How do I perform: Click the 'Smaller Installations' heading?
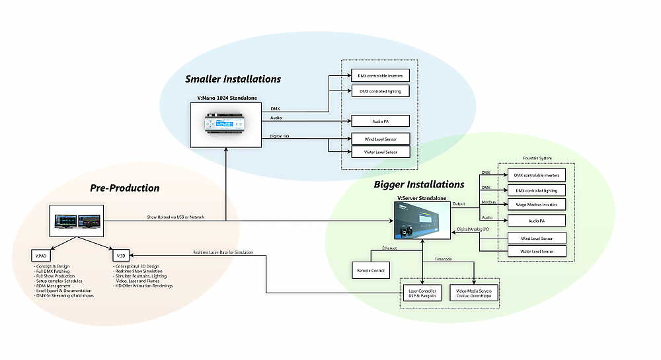click(x=233, y=79)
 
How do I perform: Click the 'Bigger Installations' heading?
click(x=419, y=184)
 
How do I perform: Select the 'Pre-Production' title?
click(x=124, y=188)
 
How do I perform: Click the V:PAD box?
click(x=41, y=255)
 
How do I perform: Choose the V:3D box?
click(x=121, y=255)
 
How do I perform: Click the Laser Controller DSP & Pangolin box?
click(x=424, y=292)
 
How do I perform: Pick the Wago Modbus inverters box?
click(x=536, y=205)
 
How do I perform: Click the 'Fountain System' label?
click(x=536, y=158)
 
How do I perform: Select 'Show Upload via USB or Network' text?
click(x=175, y=217)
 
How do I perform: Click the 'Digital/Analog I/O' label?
click(x=473, y=229)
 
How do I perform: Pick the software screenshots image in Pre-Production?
click(x=77, y=221)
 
